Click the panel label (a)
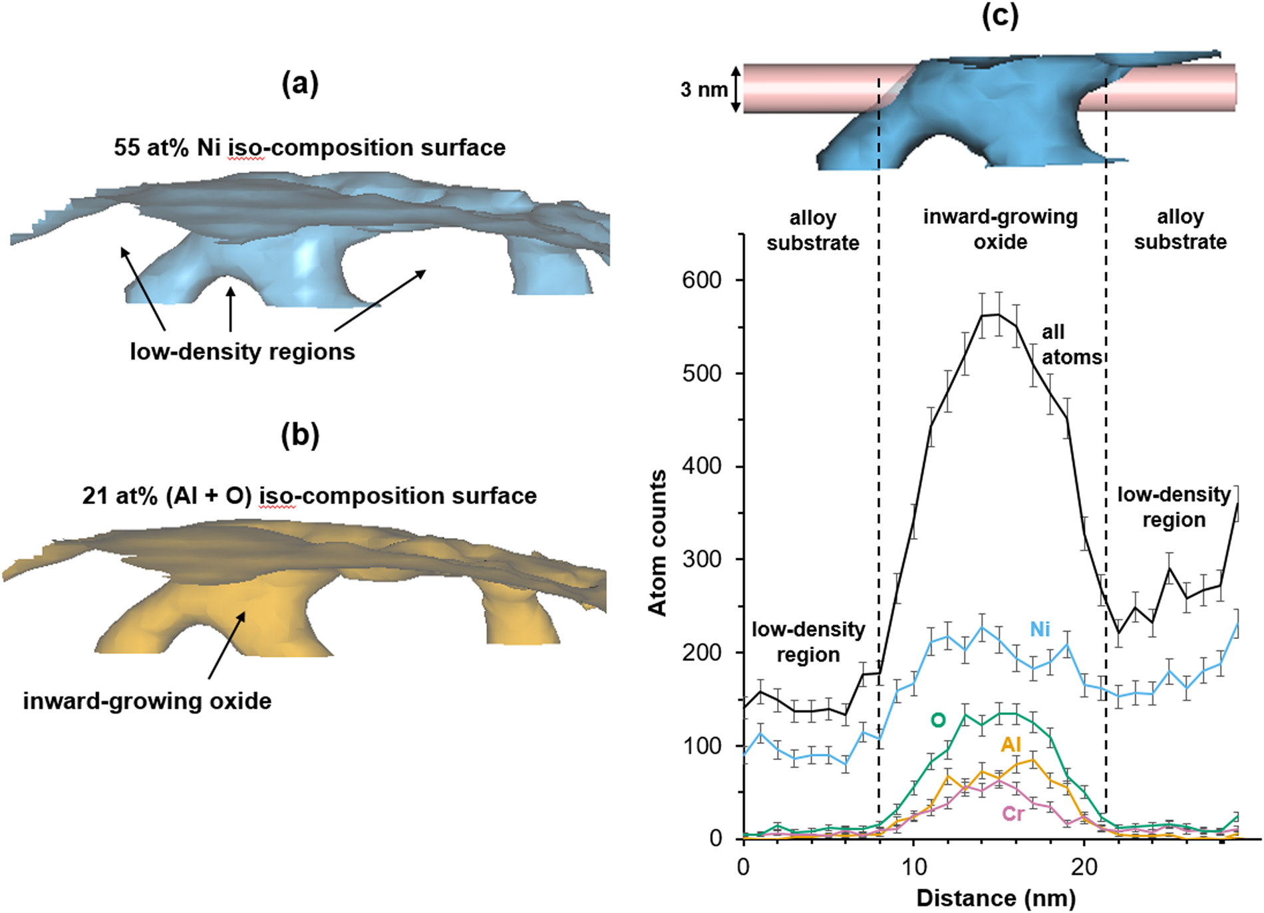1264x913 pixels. [300, 84]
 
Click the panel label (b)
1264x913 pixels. [300, 435]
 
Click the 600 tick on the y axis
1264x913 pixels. [701, 280]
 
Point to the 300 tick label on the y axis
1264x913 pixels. [701, 559]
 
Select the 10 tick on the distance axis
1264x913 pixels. [914, 866]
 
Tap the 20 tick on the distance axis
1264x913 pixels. [1084, 866]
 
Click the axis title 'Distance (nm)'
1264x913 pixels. [996, 898]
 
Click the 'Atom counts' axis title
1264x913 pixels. [657, 543]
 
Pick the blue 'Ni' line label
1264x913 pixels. [1040, 629]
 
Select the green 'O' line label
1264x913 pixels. [938, 720]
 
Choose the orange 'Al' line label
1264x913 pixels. [1011, 745]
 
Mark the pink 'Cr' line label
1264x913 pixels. [1013, 813]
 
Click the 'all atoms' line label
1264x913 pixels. [1071, 344]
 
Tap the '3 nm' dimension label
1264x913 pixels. [704, 89]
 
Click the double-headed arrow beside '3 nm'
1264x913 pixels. [736, 89]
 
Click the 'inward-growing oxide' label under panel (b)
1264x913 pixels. [147, 701]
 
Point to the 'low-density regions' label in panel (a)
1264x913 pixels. [242, 351]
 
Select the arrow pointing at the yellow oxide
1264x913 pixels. [226, 645]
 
